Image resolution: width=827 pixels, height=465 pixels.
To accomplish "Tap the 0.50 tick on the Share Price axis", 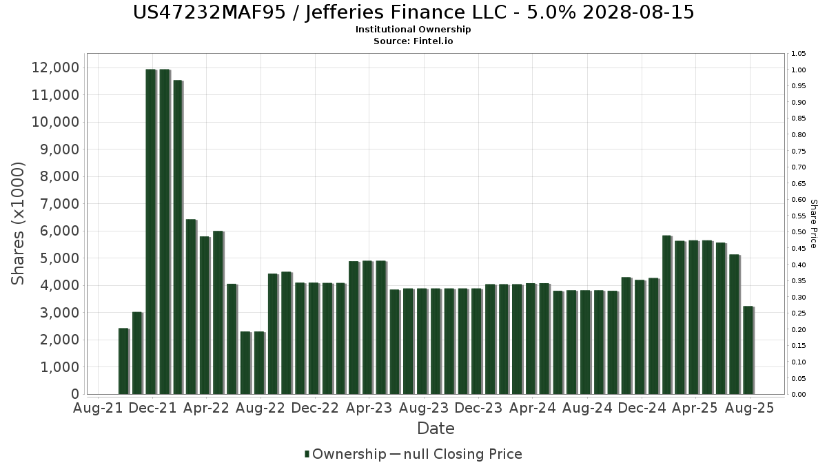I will [x=799, y=232].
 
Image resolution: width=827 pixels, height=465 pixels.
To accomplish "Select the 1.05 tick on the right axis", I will [x=799, y=54].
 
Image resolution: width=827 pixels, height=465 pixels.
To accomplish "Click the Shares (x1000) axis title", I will [x=18, y=223].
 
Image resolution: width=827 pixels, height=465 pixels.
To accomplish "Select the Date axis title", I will [x=436, y=428].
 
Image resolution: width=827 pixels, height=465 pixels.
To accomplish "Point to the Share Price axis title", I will [x=813, y=223].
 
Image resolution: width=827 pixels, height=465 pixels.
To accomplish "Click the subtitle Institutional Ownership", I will [x=413, y=30].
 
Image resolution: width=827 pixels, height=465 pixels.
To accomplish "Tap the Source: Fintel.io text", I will [x=413, y=41].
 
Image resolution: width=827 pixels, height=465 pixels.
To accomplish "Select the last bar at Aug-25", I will [x=748, y=350].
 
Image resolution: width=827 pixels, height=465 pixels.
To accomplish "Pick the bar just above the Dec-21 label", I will [x=151, y=231].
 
